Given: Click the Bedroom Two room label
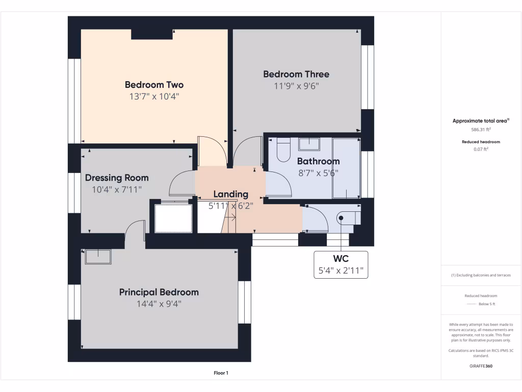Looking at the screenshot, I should point(154,85).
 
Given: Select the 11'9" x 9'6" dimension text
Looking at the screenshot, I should point(296,86).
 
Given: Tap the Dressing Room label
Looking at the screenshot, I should point(117,178).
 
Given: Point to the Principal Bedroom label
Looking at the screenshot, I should point(159,292).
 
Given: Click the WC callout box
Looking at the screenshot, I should point(341,264).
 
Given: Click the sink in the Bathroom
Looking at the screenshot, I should point(309,143).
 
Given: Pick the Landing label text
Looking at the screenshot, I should point(230,194).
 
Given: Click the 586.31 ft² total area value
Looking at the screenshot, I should point(481,130).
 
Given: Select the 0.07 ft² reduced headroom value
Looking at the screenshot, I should point(481,149).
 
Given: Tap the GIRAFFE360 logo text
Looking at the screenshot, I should point(481,366).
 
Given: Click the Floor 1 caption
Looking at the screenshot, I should point(221,373).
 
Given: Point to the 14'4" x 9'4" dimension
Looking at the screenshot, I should point(159,304).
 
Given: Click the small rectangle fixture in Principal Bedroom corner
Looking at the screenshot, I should point(98,257).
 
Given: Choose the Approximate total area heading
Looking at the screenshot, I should point(481,121).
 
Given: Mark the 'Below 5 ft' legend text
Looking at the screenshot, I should point(486,304).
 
